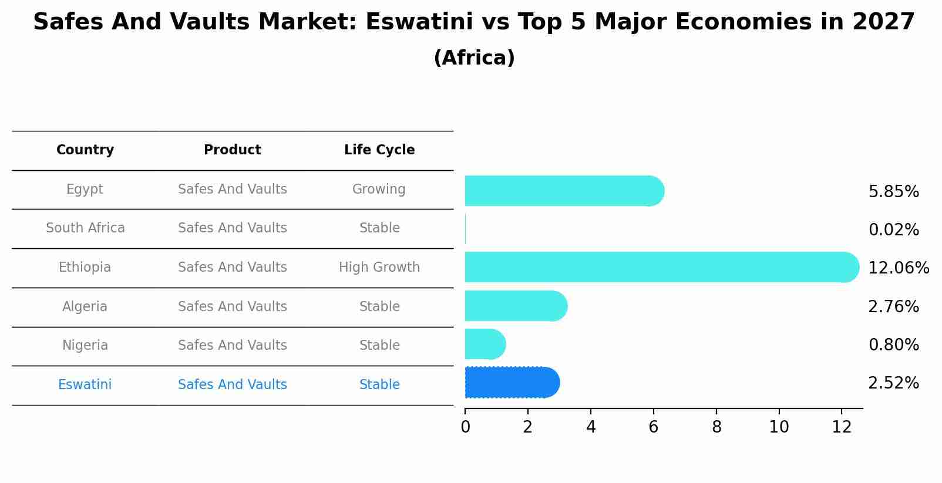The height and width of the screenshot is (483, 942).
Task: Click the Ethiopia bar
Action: point(661,267)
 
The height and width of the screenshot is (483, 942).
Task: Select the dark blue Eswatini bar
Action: point(511,383)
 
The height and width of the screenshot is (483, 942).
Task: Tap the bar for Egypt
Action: point(564,191)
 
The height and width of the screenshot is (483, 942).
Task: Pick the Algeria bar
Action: point(516,306)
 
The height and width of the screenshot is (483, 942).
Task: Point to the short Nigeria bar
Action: point(485,344)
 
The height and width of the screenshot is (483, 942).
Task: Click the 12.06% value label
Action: point(898,268)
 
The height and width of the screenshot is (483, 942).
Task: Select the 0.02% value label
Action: point(893,230)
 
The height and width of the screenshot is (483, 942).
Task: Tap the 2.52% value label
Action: point(893,383)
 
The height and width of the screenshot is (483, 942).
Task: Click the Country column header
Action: point(85,150)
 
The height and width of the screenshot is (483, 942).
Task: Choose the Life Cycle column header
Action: point(379,150)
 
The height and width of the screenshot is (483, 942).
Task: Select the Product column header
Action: point(233,150)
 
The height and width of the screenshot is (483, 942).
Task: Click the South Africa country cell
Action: point(85,228)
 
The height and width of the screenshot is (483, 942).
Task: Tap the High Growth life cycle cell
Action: point(379,268)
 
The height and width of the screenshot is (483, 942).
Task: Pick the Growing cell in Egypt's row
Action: point(379,190)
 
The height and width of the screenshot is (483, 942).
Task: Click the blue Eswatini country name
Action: point(85,385)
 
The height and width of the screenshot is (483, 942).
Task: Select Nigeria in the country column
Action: point(85,346)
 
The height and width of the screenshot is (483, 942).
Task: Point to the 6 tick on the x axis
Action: point(653,427)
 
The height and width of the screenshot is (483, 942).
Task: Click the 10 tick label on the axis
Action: point(779,427)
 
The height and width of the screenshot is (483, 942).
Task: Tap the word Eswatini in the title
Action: point(419,22)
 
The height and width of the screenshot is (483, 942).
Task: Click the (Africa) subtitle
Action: point(474,58)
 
